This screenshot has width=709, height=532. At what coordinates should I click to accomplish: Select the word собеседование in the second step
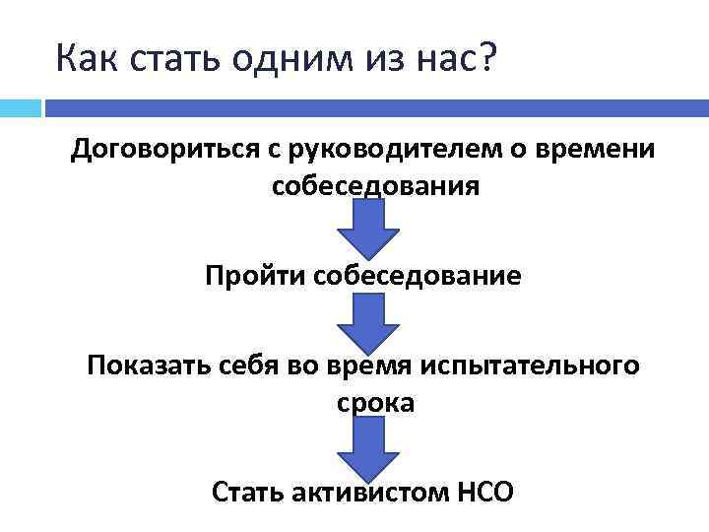pos(418,275)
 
